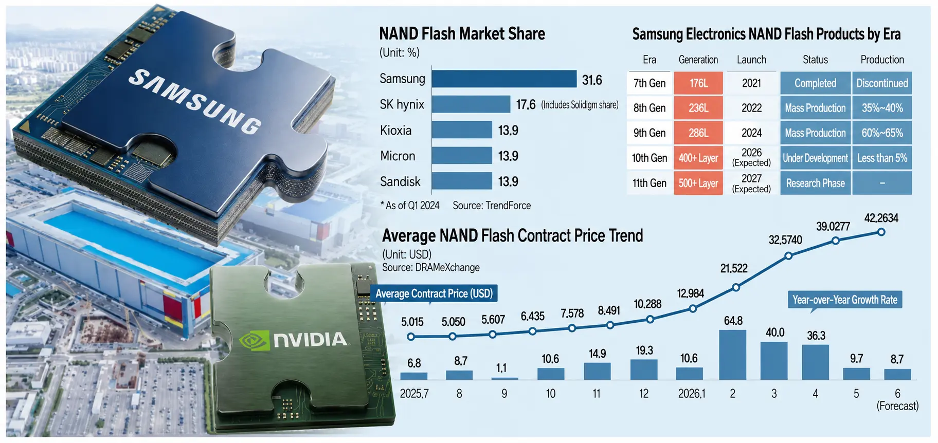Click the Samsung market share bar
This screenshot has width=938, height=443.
(504, 79)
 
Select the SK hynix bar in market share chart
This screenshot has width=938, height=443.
(471, 104)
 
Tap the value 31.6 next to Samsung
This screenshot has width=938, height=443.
(592, 80)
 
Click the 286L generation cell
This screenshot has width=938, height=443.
(698, 133)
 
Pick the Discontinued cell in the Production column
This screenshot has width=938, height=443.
(882, 83)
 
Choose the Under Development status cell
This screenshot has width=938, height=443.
(815, 158)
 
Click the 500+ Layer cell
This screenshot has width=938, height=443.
(698, 183)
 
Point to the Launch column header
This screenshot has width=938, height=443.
(751, 60)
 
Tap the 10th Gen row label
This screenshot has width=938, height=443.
(650, 158)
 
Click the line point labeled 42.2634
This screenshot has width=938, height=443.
(881, 232)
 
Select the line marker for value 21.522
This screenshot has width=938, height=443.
(736, 287)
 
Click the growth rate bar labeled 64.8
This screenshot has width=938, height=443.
(733, 355)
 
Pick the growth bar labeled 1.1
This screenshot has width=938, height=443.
(504, 379)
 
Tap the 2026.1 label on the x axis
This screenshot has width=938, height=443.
(692, 394)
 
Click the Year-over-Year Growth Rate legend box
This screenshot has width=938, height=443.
(844, 300)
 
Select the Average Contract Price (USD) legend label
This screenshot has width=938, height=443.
(434, 293)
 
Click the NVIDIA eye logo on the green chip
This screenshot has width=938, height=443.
(255, 340)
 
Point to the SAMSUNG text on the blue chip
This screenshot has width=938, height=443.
(195, 102)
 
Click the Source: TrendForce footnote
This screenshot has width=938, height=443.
(492, 206)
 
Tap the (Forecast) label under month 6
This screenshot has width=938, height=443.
(897, 406)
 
